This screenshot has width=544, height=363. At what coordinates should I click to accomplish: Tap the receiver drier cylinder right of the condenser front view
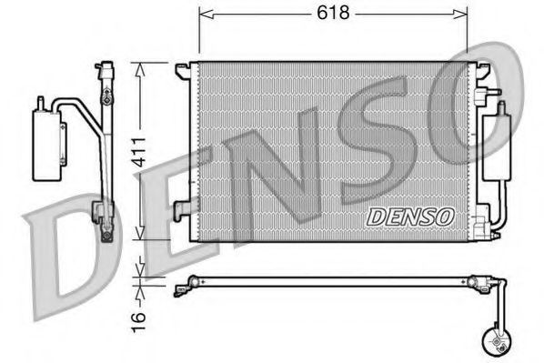coord(499,146)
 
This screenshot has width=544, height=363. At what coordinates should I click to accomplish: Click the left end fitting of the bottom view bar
coord(181,290)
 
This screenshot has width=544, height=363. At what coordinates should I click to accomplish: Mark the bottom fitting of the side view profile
coord(108,234)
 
